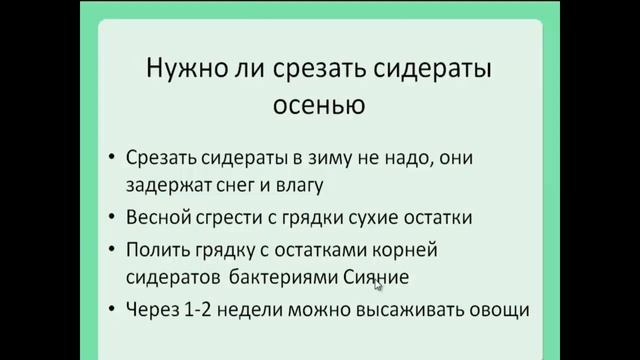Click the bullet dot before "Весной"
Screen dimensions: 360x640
(112, 216)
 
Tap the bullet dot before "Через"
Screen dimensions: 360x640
(112, 309)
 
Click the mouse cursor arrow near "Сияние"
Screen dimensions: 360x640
(378, 284)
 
